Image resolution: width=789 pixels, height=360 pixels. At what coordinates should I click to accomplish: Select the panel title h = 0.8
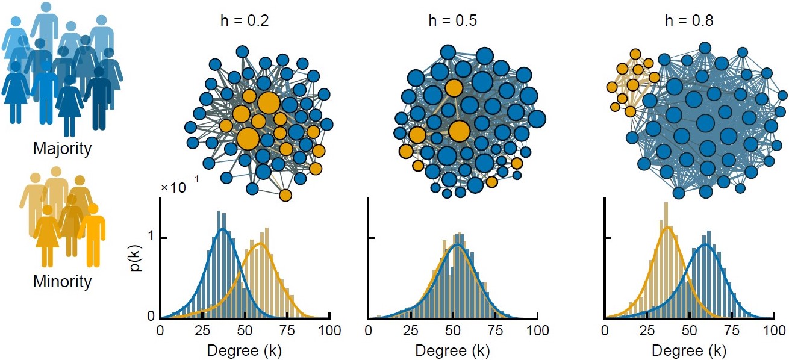coord(690,22)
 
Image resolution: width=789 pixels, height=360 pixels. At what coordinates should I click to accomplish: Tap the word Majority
coord(63,148)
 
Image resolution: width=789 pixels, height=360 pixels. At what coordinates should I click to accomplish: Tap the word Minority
coord(63,281)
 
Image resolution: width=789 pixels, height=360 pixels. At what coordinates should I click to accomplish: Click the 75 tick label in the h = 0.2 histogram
coord(287,330)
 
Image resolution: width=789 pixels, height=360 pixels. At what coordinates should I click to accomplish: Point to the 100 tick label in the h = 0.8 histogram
coord(775,330)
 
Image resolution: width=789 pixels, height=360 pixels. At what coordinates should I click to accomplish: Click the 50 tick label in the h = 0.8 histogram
coord(690,330)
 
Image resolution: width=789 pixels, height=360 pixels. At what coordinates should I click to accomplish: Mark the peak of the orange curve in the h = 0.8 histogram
coord(667,227)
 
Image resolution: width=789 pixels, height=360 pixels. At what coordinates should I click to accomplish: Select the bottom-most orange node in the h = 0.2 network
coord(285,195)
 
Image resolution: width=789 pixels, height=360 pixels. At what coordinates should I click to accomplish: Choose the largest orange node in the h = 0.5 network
coord(459,131)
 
